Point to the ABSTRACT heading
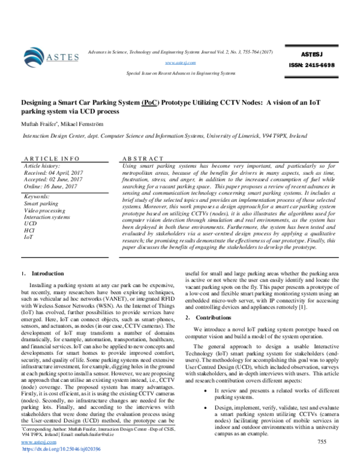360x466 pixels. click(142, 158)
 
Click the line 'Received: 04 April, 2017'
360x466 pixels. click(53, 172)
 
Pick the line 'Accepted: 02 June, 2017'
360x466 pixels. click(53, 179)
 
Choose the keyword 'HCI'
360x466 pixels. click(29, 231)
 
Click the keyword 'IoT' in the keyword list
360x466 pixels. click(28, 237)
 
